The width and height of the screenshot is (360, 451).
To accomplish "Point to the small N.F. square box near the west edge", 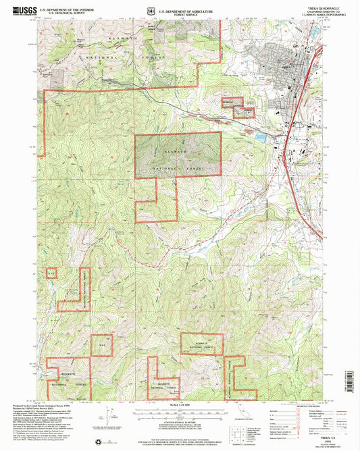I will tap(51, 272).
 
